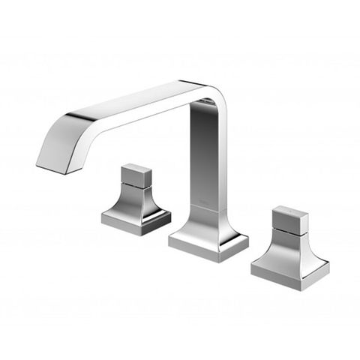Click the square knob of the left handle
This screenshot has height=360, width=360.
[137, 175]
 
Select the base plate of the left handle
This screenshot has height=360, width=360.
[136, 221]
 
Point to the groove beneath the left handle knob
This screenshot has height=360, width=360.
[136, 187]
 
